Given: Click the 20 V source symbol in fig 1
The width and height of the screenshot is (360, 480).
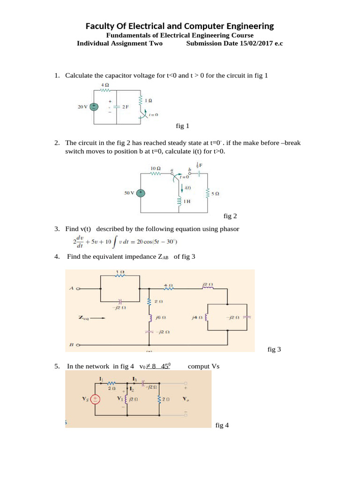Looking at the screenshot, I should pos(94,106).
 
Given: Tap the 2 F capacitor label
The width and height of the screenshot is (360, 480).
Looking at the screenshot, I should pos(126,107).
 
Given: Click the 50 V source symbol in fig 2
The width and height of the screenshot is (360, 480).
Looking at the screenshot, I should pos(141,193).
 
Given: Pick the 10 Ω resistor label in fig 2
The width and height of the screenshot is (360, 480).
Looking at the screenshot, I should pos(156,167).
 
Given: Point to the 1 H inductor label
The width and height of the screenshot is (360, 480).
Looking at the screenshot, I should pos(187,201).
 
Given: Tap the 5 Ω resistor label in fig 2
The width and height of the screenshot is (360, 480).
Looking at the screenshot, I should pos(216,193).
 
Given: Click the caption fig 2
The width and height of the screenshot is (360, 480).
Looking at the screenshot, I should pos(230,216).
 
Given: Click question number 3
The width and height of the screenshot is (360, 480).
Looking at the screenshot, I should pos(56,229).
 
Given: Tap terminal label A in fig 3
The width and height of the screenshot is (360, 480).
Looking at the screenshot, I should pos(71,289).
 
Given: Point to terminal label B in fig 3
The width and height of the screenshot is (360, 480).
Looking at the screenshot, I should pos(71,345).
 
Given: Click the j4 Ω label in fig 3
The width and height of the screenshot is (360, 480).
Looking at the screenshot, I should pos(196,317).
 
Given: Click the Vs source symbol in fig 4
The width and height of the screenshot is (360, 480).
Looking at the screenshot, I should pos(95,399).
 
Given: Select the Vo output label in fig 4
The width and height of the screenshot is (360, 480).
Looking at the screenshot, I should pos(186,399).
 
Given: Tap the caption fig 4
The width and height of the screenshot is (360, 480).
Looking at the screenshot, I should pos(222,426).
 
